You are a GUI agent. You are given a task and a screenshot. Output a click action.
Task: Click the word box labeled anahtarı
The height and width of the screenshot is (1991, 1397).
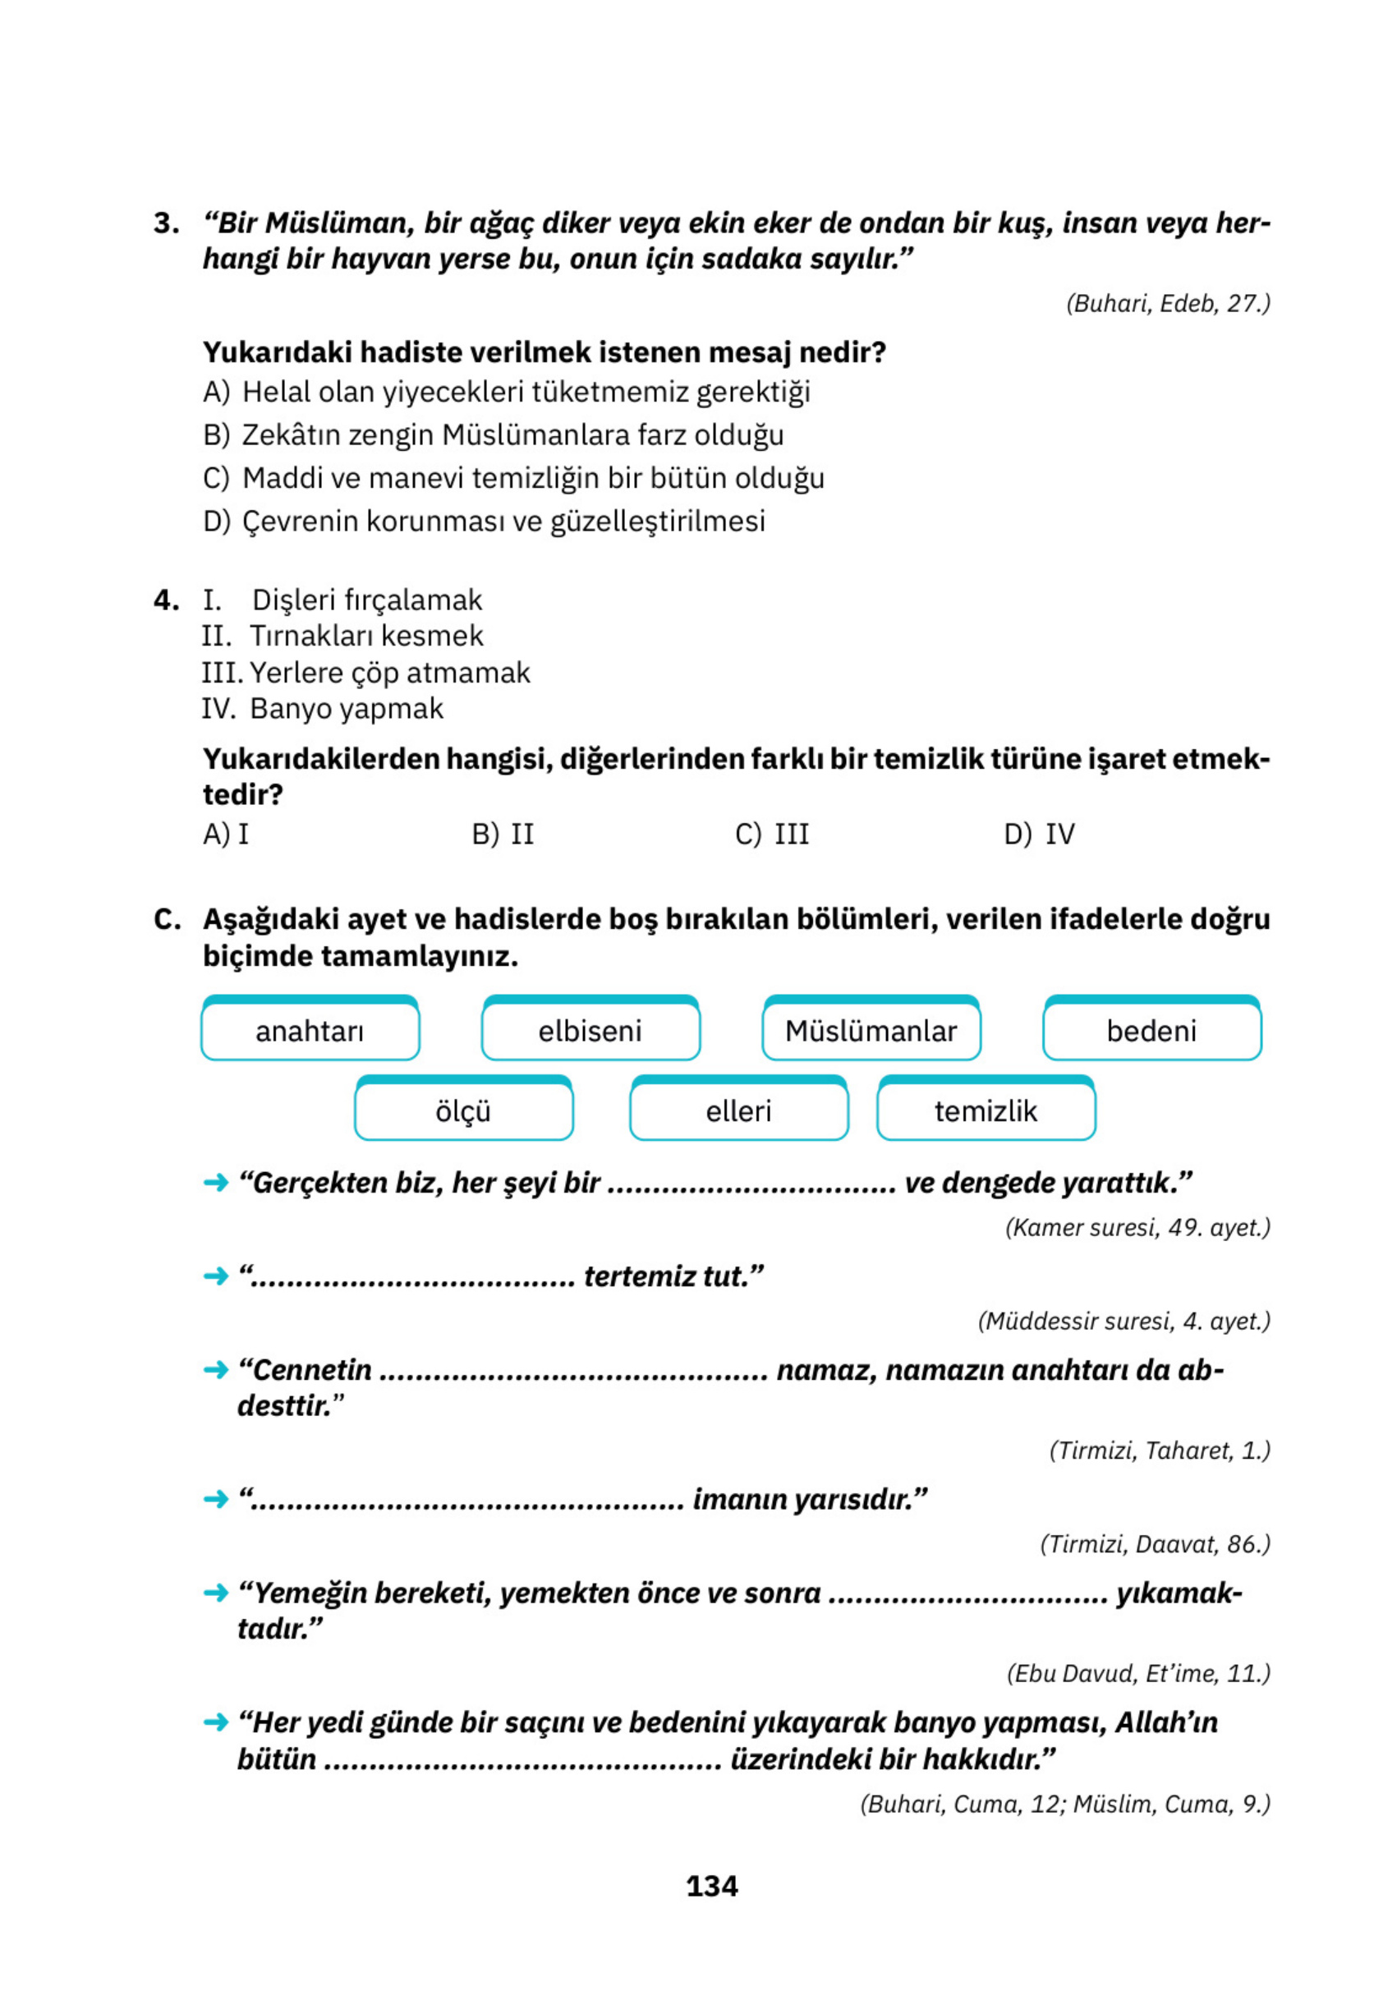click(310, 1030)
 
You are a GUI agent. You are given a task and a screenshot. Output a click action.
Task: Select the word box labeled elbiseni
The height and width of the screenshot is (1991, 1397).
click(590, 1030)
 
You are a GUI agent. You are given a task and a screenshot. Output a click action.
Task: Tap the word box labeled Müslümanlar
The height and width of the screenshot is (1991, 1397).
click(871, 1030)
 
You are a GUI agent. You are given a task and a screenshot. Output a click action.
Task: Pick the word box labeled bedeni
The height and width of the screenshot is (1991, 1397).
click(1151, 1030)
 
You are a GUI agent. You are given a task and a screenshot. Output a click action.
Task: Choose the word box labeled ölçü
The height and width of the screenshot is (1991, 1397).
click(463, 1110)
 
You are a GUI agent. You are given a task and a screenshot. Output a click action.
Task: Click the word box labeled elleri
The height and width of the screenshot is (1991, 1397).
click(738, 1110)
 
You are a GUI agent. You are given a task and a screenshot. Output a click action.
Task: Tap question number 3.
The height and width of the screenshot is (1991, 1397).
click(166, 223)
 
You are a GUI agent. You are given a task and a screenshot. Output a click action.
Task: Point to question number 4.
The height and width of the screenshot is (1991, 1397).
click(166, 600)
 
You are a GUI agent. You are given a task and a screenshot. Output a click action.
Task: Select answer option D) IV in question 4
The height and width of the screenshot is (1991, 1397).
click(1039, 835)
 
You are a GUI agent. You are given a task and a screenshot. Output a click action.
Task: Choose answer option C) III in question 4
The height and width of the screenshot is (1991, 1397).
click(772, 835)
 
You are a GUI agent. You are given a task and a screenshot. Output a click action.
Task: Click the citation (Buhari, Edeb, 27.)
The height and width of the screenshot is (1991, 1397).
click(1167, 304)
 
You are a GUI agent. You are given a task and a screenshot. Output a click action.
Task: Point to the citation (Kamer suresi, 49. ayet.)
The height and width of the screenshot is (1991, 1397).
click(1137, 1227)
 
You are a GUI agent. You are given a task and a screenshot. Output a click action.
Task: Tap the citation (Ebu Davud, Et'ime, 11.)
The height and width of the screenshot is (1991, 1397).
click(1137, 1673)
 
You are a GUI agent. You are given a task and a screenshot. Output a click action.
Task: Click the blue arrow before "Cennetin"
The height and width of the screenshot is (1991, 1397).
click(215, 1370)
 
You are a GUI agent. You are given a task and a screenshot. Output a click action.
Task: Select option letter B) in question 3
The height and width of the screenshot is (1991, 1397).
click(216, 435)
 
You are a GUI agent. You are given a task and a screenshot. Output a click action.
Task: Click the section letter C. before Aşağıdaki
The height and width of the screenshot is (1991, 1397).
click(167, 919)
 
